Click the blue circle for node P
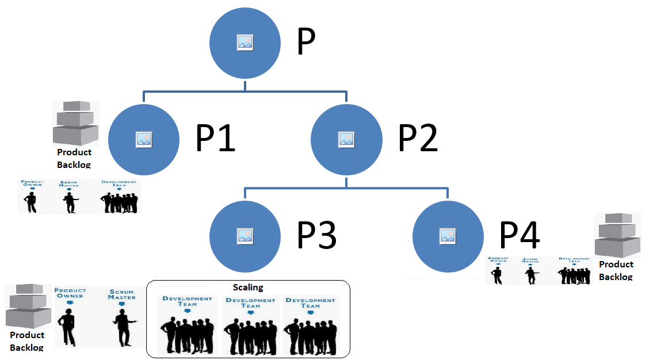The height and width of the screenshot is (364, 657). click(245, 43)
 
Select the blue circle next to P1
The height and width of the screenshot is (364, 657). click(143, 139)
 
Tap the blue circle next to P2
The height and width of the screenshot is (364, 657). click(346, 139)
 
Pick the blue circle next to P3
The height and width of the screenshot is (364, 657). click(245, 235)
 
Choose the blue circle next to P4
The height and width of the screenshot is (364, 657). click(448, 235)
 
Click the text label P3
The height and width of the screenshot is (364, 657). click(316, 235)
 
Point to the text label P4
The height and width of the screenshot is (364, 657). click(519, 235)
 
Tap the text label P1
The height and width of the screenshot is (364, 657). click(216, 139)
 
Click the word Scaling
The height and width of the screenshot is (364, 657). click(248, 287)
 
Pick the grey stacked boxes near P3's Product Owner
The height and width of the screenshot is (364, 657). click(25, 306)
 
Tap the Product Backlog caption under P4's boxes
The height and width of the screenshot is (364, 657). click(616, 270)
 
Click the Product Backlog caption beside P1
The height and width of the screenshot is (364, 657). click(74, 158)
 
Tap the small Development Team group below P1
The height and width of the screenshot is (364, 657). click(120, 202)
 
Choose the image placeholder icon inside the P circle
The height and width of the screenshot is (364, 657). click(245, 42)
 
